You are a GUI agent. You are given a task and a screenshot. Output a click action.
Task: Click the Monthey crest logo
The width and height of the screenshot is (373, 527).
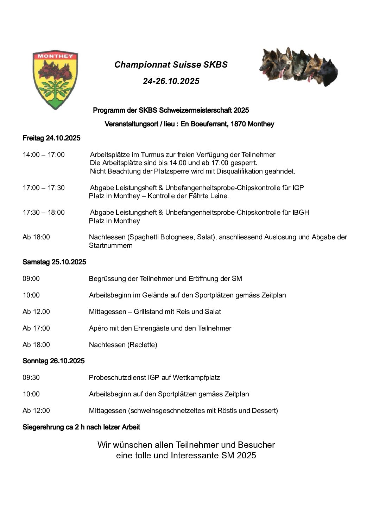(x=55, y=80)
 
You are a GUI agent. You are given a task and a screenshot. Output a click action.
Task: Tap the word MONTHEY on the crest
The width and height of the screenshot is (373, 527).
(x=55, y=56)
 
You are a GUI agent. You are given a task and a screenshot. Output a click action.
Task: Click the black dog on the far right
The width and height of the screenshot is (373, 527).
(x=329, y=73)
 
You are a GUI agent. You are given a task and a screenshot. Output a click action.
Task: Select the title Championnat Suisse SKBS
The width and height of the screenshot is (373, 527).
(x=171, y=65)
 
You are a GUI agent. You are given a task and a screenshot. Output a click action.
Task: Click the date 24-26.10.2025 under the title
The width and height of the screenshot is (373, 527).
(x=171, y=81)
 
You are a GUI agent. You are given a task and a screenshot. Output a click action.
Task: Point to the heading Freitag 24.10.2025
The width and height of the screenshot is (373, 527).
(x=51, y=138)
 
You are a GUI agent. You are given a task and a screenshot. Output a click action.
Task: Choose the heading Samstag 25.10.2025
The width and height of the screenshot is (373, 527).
(x=54, y=262)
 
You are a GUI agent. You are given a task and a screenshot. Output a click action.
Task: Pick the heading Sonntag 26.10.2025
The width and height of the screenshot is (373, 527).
(x=53, y=361)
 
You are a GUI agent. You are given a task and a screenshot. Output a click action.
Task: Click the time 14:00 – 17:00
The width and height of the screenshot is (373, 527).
(x=44, y=155)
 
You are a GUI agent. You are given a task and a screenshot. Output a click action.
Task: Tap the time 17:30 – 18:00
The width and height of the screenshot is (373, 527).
(x=44, y=213)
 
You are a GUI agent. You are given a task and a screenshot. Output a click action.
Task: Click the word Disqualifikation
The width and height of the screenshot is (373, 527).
(x=240, y=171)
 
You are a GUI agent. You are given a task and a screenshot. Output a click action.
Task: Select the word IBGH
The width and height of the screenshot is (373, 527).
(x=301, y=213)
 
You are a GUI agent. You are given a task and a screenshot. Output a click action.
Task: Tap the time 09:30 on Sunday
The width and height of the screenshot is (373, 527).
(x=31, y=378)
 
